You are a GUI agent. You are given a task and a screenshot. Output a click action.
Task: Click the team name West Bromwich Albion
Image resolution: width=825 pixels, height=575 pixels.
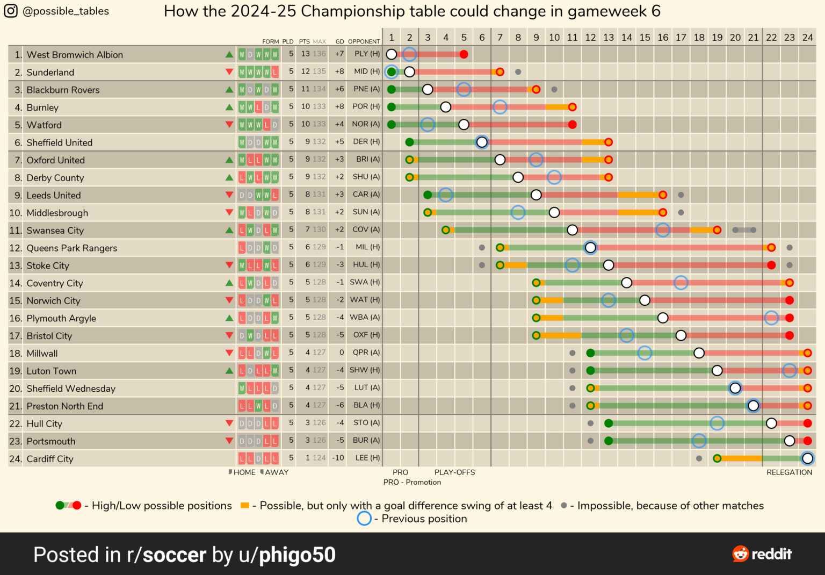tap(75, 55)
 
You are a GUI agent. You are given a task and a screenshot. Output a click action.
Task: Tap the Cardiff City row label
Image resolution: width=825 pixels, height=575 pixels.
tap(50, 459)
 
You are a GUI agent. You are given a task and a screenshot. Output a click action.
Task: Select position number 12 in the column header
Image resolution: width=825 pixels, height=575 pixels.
tap(590, 38)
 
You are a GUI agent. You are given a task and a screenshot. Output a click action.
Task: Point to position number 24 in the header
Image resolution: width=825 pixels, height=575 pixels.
tap(807, 38)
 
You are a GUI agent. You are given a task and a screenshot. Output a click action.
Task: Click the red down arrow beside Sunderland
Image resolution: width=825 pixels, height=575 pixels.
tap(229, 72)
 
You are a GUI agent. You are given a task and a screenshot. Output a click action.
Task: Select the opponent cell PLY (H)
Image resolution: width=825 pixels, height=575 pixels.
tap(367, 54)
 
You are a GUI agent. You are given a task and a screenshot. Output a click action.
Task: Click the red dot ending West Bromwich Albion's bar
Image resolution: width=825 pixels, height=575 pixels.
tap(464, 54)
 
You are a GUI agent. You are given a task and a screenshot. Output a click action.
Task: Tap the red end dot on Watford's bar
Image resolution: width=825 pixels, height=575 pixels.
tap(573, 125)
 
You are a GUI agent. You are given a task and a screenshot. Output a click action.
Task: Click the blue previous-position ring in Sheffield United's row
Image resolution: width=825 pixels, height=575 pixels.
tap(482, 142)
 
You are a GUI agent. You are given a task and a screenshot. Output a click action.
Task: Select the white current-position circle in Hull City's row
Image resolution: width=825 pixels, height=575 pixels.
tap(771, 423)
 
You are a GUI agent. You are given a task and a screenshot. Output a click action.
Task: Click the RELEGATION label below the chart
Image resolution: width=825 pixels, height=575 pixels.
tap(789, 472)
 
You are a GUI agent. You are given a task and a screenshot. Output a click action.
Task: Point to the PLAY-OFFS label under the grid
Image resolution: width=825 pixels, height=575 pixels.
tap(454, 472)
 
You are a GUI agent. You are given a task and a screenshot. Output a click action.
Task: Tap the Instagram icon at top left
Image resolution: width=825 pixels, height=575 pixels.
tap(11, 11)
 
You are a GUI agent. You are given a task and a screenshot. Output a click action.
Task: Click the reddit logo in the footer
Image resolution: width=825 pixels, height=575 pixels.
tap(762, 554)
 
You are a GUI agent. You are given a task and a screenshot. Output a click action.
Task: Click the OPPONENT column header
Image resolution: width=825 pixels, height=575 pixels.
tap(364, 41)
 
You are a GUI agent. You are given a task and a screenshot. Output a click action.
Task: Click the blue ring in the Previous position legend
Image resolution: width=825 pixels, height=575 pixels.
tap(364, 519)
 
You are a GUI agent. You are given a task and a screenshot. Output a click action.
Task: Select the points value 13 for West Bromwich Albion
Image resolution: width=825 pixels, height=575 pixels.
tap(305, 54)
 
